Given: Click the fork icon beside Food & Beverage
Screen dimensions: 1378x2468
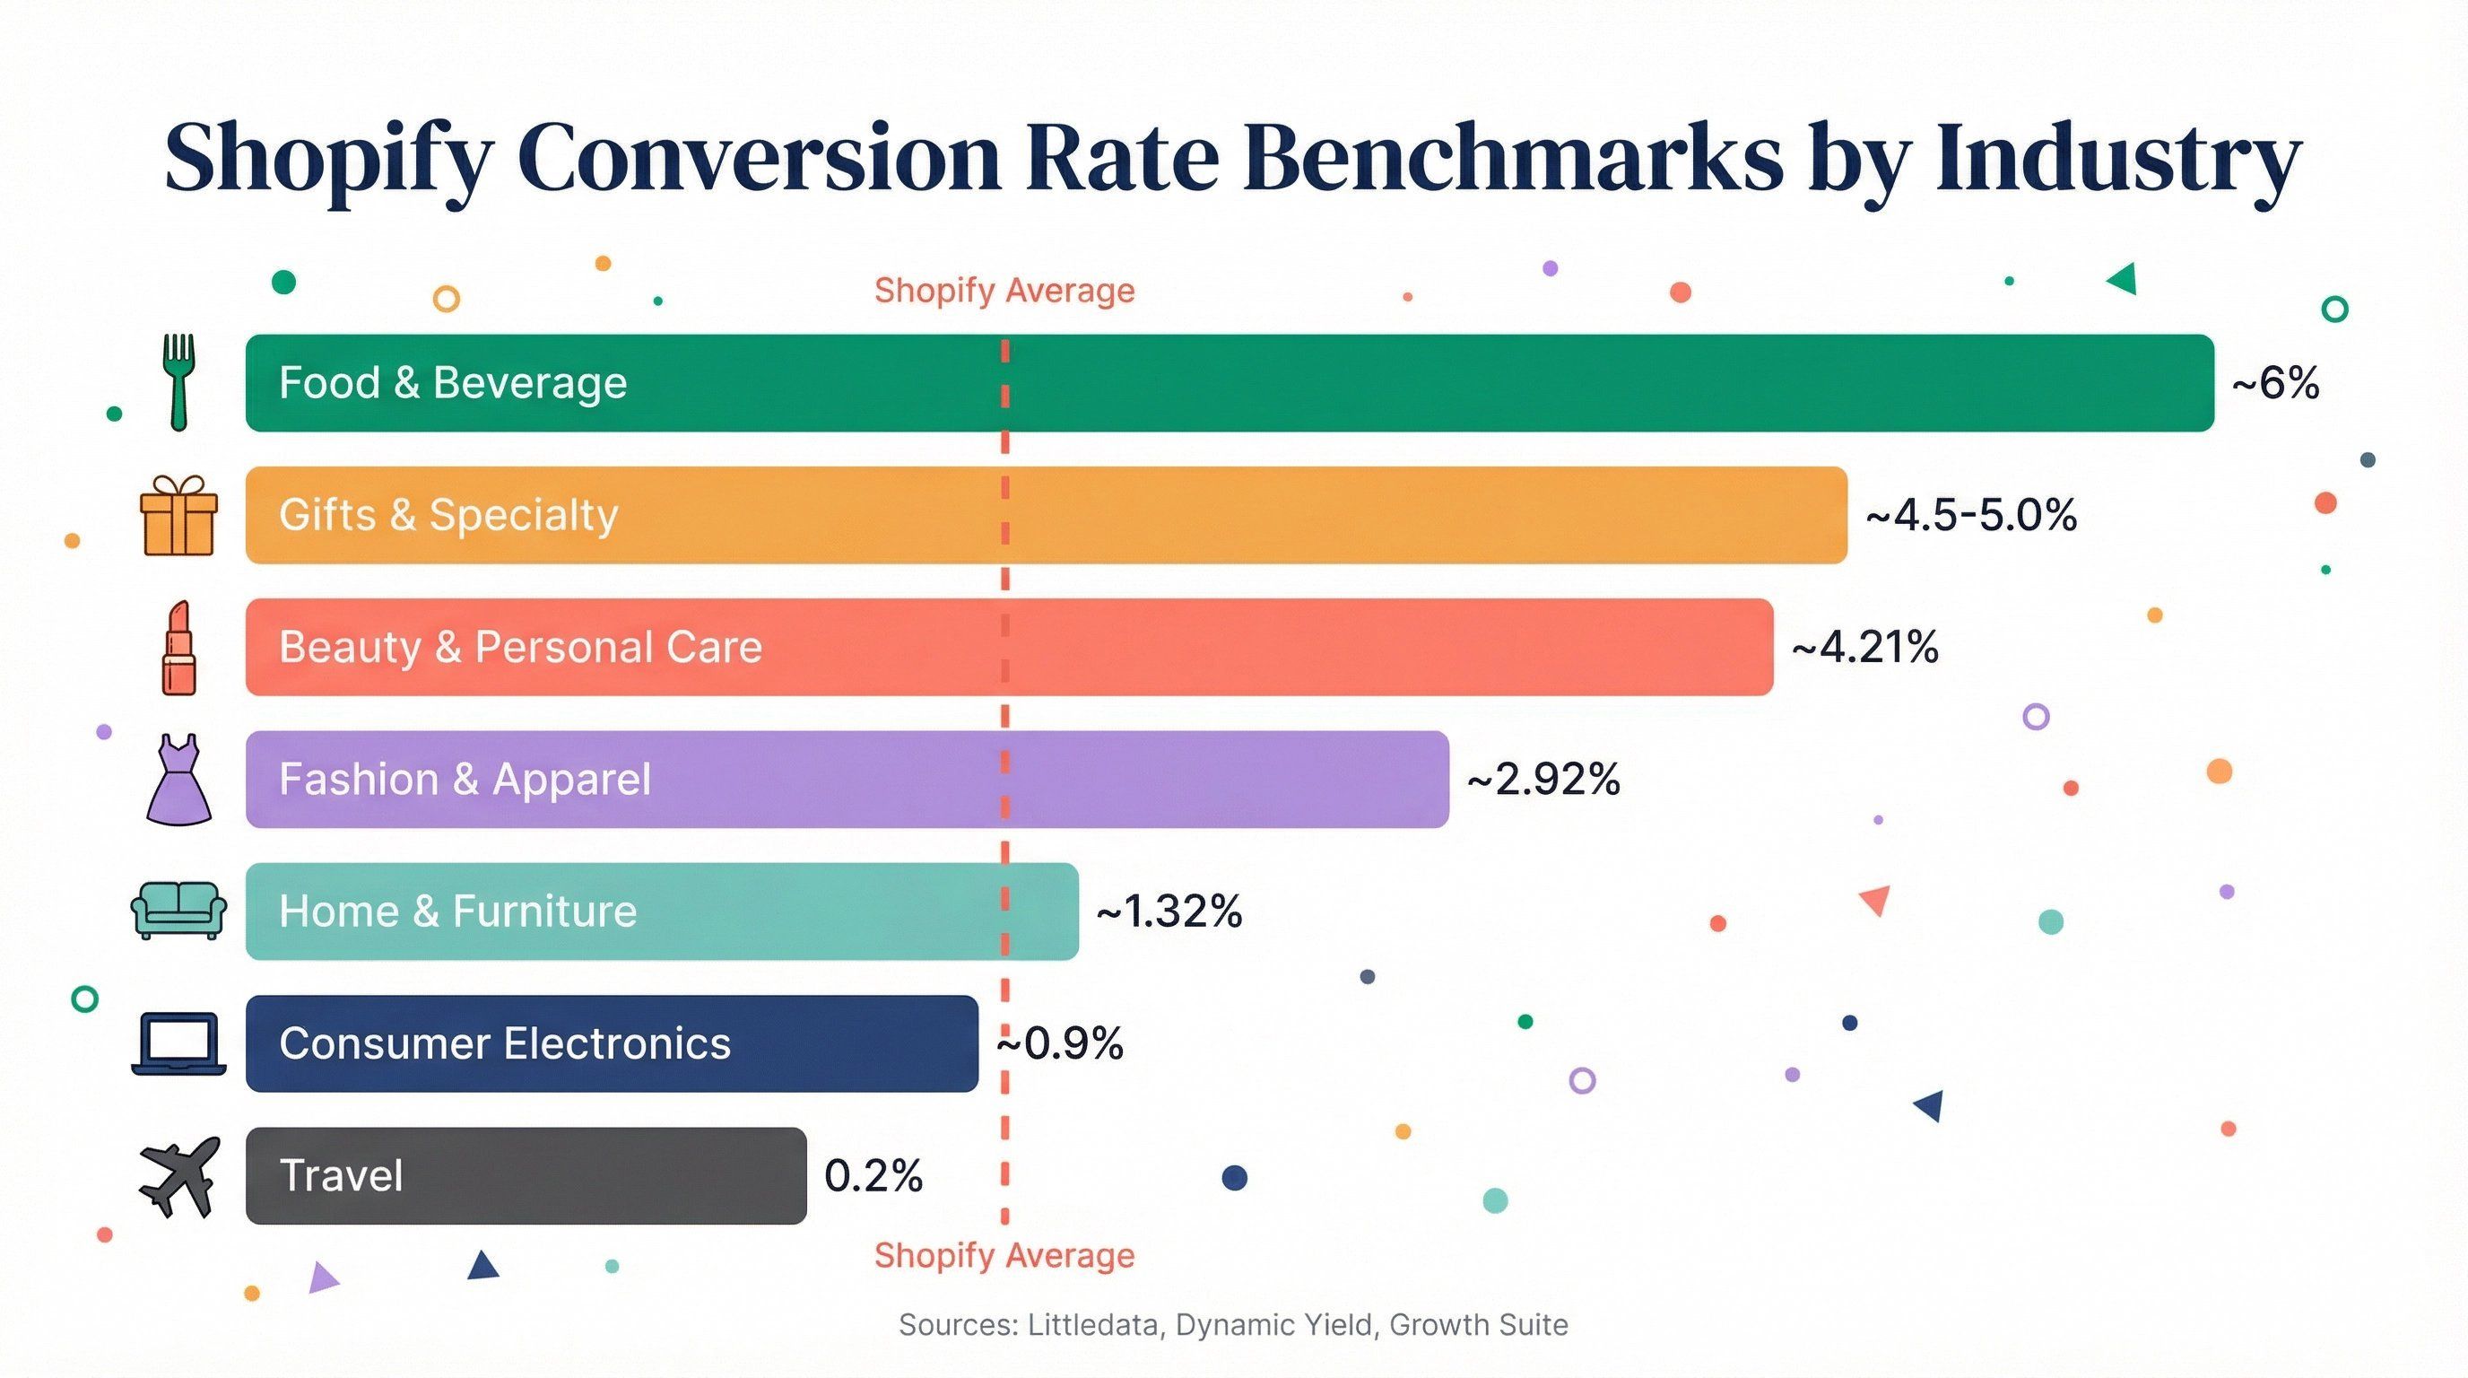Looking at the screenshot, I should click(x=178, y=381).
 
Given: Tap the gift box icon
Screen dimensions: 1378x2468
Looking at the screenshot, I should click(x=178, y=516).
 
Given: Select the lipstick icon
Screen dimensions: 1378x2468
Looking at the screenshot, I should click(x=178, y=648).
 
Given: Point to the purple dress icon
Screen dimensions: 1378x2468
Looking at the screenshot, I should click(x=178, y=780).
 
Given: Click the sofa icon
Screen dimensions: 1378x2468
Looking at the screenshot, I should click(x=178, y=911).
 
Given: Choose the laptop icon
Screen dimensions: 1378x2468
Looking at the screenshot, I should click(x=178, y=1042).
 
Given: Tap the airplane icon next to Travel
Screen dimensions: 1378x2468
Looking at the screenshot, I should click(x=178, y=1176).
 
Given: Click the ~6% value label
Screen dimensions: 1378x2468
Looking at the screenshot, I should click(x=2275, y=383).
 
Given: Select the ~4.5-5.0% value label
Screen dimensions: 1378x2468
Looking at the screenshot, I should click(x=1971, y=516).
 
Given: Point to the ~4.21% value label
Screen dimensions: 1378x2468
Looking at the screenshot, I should click(x=1864, y=648).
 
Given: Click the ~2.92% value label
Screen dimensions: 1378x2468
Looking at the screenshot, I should click(x=1542, y=779).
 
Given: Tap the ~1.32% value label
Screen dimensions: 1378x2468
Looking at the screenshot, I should click(x=1169, y=911).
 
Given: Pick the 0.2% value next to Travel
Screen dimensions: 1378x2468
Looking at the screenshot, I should click(x=873, y=1176).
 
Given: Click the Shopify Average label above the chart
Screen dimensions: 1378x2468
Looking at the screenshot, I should click(x=1004, y=291).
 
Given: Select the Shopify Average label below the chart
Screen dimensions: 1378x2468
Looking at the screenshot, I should click(x=1004, y=1255).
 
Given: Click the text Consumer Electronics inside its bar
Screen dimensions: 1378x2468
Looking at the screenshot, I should click(x=505, y=1043).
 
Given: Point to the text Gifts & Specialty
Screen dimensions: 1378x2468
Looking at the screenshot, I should click(x=448, y=516).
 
